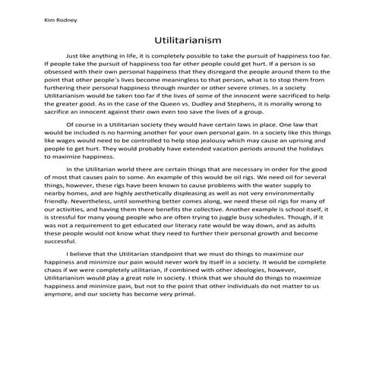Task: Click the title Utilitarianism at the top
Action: (187, 37)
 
